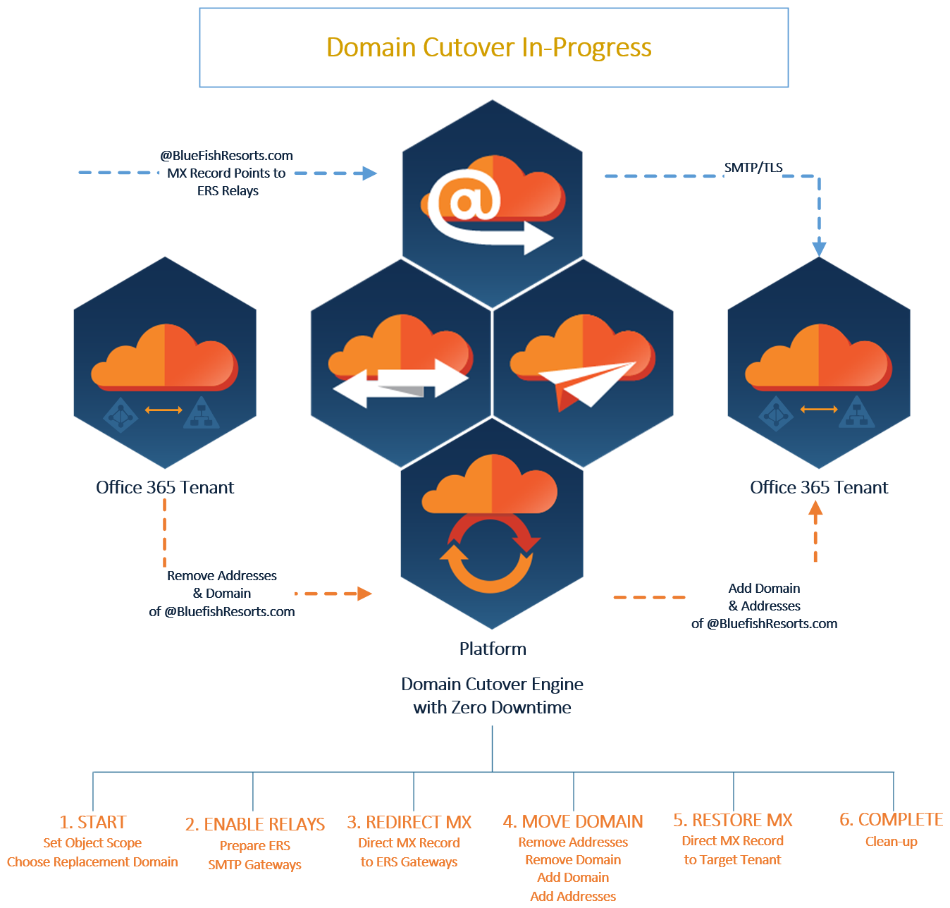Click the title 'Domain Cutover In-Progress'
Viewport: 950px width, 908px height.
pyautogui.click(x=489, y=47)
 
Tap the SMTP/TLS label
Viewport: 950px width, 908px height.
pyautogui.click(x=753, y=168)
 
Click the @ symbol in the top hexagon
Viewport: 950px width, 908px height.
pyautogui.click(x=464, y=200)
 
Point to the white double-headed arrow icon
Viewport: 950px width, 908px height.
pyautogui.click(x=400, y=383)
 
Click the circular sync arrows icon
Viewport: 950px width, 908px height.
pyautogui.click(x=491, y=553)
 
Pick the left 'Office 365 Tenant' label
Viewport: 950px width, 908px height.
pyautogui.click(x=165, y=487)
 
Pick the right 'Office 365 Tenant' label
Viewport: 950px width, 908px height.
pyautogui.click(x=819, y=487)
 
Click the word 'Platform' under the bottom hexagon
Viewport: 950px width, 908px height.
pyautogui.click(x=493, y=649)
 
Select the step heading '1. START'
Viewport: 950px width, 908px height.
pyautogui.click(x=92, y=822)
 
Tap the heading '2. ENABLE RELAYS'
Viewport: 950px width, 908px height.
pyautogui.click(x=254, y=824)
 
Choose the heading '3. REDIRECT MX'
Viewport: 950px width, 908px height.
pyautogui.click(x=409, y=822)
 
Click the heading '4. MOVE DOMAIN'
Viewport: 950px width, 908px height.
pyautogui.click(x=573, y=821)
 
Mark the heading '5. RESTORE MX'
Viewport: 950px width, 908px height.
pyautogui.click(x=732, y=820)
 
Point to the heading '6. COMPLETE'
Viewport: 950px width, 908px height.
pyautogui.click(x=891, y=819)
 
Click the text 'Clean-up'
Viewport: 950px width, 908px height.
pyautogui.click(x=891, y=841)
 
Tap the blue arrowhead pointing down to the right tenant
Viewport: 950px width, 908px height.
pyautogui.click(x=819, y=247)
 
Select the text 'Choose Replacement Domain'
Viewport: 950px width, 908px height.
pyautogui.click(x=92, y=861)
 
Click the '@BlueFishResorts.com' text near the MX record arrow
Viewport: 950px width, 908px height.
pyautogui.click(x=226, y=156)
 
